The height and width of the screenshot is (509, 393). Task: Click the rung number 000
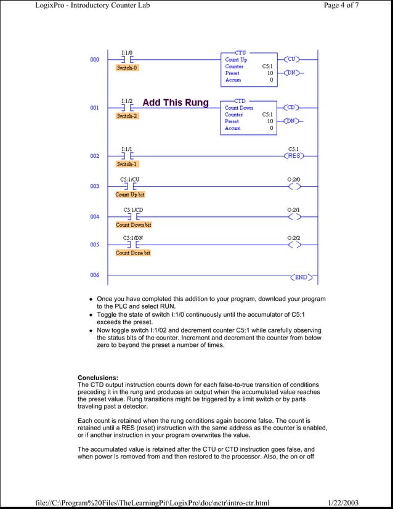[95, 60]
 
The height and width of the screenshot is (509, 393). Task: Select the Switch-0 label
[128, 68]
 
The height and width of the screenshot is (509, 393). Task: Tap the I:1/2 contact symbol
[128, 108]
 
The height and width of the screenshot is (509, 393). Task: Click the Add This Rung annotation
[176, 102]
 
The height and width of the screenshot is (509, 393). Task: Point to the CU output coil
[293, 59]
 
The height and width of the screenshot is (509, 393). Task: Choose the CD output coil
[293, 107]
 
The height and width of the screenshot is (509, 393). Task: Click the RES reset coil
[294, 156]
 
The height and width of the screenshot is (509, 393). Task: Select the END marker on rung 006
[300, 277]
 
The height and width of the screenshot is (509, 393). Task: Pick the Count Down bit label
[134, 225]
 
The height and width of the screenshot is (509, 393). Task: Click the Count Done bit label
[133, 253]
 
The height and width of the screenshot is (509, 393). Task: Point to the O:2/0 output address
[294, 179]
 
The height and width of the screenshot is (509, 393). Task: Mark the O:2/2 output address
[294, 237]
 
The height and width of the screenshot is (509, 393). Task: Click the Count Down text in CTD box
[239, 107]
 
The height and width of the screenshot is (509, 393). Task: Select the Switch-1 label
[128, 164]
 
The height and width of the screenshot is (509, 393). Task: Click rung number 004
[95, 217]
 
